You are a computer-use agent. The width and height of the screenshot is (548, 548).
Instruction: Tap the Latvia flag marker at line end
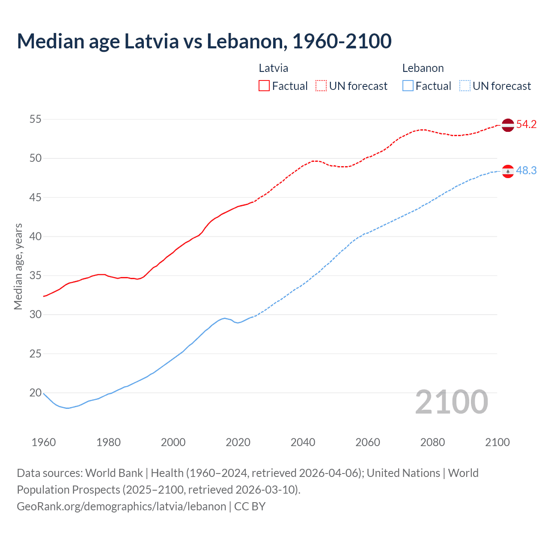pos(507,125)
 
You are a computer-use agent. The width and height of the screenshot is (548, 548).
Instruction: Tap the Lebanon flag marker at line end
pos(507,171)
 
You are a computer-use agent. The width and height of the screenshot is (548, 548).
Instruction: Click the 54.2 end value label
pos(526,125)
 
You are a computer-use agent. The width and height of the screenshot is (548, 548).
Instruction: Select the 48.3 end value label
pos(526,171)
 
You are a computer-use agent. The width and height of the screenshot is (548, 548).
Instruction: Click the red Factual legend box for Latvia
pos(264,86)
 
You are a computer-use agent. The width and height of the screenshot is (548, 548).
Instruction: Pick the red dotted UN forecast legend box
pos(321,86)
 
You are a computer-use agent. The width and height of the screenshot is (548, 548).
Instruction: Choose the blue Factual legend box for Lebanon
pos(408,86)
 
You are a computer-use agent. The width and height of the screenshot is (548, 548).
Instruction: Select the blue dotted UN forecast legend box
pos(465,86)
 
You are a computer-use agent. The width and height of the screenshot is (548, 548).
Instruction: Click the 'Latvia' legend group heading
pos(273,68)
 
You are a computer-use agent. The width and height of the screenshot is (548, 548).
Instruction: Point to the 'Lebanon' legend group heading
pos(423,68)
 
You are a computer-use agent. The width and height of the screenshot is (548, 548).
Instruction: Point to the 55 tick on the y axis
pos(36,119)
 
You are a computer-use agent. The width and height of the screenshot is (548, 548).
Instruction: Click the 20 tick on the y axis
pos(36,393)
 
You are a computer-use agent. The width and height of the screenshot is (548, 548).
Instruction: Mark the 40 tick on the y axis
pos(36,236)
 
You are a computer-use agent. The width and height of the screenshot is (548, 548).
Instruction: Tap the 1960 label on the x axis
pos(44,442)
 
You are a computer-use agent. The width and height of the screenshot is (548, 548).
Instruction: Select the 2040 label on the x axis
pos(303,442)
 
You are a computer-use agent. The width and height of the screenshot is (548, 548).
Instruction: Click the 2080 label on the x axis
pos(432,442)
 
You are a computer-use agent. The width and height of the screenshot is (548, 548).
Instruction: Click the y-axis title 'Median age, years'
pos(18,266)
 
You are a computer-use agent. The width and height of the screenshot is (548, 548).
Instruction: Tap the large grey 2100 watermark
pos(451,402)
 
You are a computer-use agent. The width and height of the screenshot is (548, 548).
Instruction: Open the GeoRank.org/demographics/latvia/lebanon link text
pos(121,506)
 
